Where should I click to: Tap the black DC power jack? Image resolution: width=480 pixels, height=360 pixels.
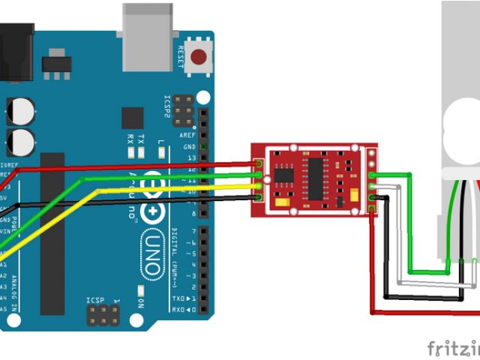click(x=14, y=52)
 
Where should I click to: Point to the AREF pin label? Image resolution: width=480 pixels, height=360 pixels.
click(x=188, y=134)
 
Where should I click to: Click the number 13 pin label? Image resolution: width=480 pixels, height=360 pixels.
click(x=189, y=158)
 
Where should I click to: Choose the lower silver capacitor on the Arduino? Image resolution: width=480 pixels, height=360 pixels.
click(x=22, y=141)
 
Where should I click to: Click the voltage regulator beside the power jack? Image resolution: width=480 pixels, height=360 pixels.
click(x=54, y=63)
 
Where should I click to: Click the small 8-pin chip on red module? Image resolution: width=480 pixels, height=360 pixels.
click(x=283, y=175)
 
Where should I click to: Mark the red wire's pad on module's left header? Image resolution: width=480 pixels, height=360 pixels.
click(x=259, y=163)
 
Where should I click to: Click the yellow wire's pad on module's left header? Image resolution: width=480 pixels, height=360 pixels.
click(x=259, y=187)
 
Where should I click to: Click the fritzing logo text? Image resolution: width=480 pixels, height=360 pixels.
click(x=453, y=349)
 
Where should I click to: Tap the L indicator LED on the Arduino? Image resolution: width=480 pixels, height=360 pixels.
click(x=160, y=152)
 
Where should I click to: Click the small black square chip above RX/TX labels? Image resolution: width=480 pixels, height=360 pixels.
click(x=132, y=118)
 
